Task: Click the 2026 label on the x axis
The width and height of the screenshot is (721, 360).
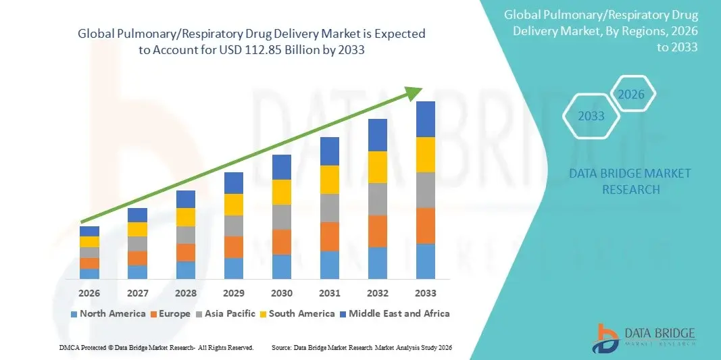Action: click(x=89, y=293)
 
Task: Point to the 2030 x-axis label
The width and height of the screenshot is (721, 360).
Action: click(x=282, y=293)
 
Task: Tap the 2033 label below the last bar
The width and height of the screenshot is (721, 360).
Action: click(x=426, y=293)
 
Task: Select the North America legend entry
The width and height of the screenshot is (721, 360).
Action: click(x=108, y=313)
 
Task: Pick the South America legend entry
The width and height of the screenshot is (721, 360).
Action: click(x=297, y=313)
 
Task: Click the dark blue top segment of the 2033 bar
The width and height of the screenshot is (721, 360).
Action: click(x=426, y=119)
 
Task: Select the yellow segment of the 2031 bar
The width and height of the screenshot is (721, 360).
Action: click(x=330, y=180)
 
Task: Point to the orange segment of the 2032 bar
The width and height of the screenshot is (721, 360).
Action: click(x=378, y=231)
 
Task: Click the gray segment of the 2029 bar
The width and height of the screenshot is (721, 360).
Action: click(x=234, y=226)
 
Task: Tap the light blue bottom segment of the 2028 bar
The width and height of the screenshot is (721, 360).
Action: click(x=186, y=270)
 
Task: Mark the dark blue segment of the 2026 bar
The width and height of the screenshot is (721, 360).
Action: click(x=89, y=231)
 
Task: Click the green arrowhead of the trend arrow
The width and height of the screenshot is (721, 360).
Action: click(x=414, y=93)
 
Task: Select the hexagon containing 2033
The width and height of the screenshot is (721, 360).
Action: click(x=591, y=116)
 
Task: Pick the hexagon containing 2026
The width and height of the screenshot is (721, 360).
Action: click(x=632, y=95)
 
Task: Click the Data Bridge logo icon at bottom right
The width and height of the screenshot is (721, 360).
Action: click(x=605, y=338)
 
